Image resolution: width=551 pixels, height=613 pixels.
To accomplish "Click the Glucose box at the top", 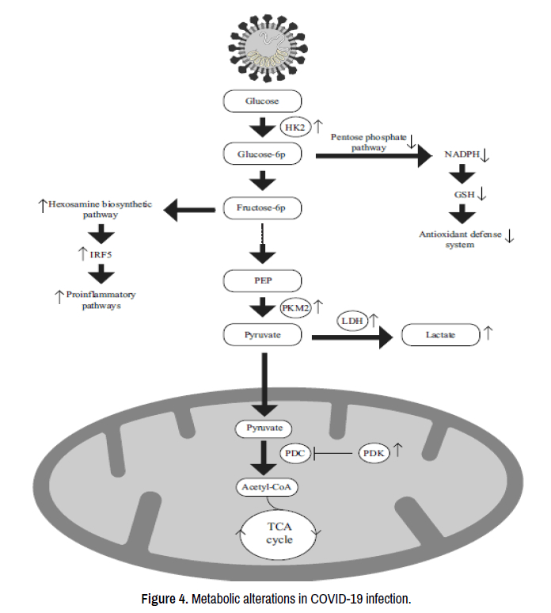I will pos(262,101).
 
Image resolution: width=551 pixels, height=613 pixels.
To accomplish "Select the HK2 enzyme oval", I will pos(295,127).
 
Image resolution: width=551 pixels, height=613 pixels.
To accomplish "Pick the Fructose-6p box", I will pos(262,209).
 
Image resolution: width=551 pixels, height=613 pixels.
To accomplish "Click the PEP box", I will pos(262,280).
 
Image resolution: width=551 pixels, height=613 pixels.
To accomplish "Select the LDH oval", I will pos(353,321).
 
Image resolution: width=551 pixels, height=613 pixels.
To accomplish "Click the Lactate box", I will pos(440,335).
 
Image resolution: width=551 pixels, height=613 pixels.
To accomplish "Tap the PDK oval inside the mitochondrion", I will pos(374,454).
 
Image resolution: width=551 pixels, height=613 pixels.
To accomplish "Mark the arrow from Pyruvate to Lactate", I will pos(353,337).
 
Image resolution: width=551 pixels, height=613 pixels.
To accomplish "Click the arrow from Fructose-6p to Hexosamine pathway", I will pos(190,210).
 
